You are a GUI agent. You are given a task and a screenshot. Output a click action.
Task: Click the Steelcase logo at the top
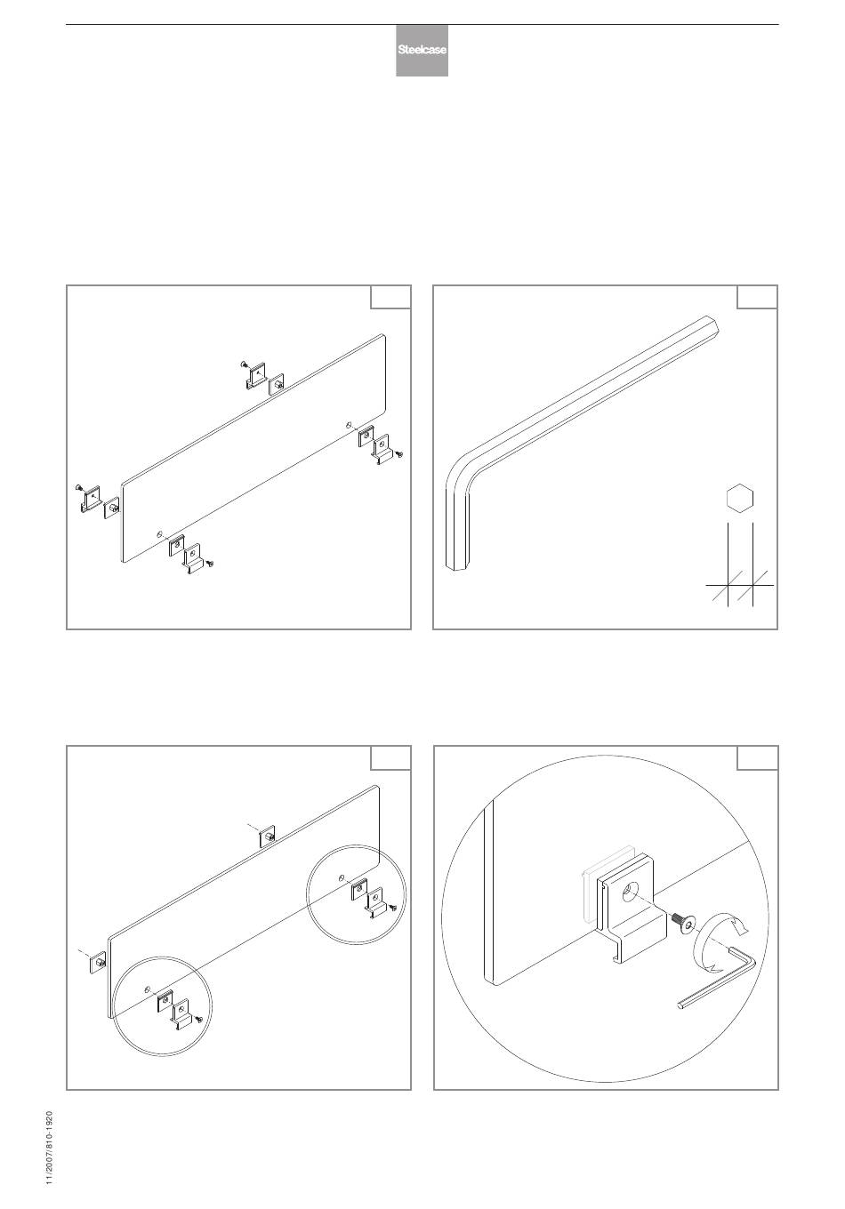422,50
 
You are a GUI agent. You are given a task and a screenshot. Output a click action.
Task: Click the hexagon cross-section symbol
739,498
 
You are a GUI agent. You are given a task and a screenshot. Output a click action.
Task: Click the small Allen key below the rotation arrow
718,978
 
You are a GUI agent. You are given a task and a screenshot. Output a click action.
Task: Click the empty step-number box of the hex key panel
757,297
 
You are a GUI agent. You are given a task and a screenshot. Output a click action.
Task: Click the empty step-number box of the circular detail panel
758,757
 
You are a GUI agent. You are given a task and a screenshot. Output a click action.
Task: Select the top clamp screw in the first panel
244,364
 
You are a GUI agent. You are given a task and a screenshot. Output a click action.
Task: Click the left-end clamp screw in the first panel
79,488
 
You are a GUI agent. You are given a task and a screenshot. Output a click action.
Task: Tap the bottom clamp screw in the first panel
210,564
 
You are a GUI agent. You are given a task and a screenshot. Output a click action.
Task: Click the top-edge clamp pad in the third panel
267,836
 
